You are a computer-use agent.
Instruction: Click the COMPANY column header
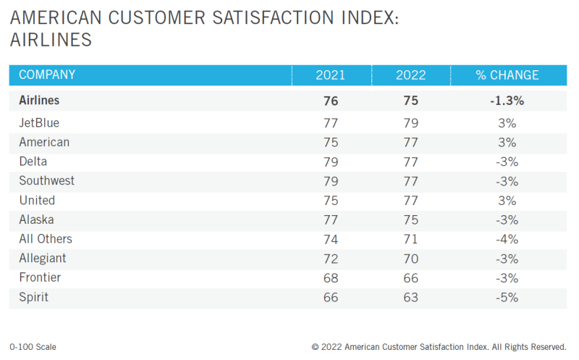pos(47,75)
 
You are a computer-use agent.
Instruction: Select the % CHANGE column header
pos(507,75)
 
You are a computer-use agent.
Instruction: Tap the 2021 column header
pos(331,75)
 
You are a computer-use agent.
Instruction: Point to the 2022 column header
pos(410,75)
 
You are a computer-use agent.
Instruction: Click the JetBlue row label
pos(39,123)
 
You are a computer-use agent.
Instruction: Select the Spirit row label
pos(34,297)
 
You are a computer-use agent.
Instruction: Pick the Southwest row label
pos(46,181)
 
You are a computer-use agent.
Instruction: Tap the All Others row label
pos(46,239)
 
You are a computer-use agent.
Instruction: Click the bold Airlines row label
pos(41,101)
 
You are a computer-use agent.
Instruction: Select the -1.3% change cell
pos(507,101)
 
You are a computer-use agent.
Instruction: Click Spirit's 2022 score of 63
pos(410,297)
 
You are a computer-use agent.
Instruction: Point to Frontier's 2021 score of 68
pos(331,277)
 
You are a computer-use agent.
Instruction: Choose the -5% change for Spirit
pos(507,297)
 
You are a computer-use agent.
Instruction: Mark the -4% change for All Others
pos(507,239)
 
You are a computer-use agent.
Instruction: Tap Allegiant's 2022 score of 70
pos(410,259)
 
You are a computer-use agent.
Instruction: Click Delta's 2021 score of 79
pos(331,162)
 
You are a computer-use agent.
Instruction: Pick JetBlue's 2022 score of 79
pos(410,123)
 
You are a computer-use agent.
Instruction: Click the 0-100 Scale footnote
pos(33,347)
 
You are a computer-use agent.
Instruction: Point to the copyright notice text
pos(443,347)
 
